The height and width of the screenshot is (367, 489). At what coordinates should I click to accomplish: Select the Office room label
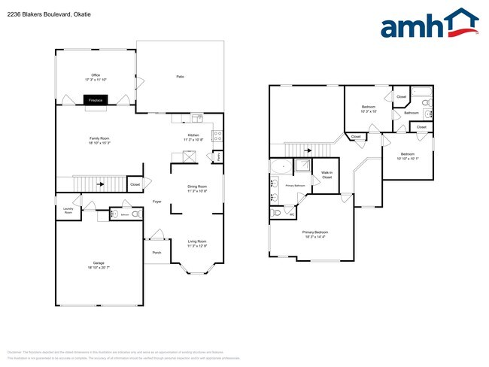pyautogui.click(x=96, y=75)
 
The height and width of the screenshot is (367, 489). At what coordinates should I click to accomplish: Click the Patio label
pyautogui.click(x=180, y=77)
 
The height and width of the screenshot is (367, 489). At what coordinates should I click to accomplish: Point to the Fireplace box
pyautogui.click(x=96, y=99)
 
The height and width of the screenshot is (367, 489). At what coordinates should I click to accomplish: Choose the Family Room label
pyautogui.click(x=99, y=139)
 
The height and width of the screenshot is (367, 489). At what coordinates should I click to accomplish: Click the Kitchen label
pyautogui.click(x=193, y=136)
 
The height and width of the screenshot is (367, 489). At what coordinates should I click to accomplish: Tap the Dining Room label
pyautogui.click(x=197, y=187)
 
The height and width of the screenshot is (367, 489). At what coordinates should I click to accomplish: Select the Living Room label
pyautogui.click(x=197, y=241)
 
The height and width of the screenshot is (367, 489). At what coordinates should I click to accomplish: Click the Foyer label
pyautogui.click(x=157, y=202)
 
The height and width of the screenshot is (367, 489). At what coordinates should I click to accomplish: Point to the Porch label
pyautogui.click(x=156, y=253)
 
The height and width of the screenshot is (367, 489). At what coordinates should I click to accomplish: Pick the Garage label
pyautogui.click(x=99, y=263)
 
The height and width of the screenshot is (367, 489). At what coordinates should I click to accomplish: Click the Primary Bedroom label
pyautogui.click(x=314, y=232)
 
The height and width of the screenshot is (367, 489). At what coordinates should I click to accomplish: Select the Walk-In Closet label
pyautogui.click(x=326, y=175)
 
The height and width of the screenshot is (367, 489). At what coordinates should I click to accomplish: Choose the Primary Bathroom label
pyautogui.click(x=295, y=185)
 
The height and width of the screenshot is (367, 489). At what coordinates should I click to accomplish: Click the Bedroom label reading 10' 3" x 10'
pyautogui.click(x=369, y=108)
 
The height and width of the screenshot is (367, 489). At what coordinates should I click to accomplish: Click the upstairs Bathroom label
pyautogui.click(x=411, y=113)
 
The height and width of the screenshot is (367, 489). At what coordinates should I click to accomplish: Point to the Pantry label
pyautogui.click(x=218, y=158)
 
